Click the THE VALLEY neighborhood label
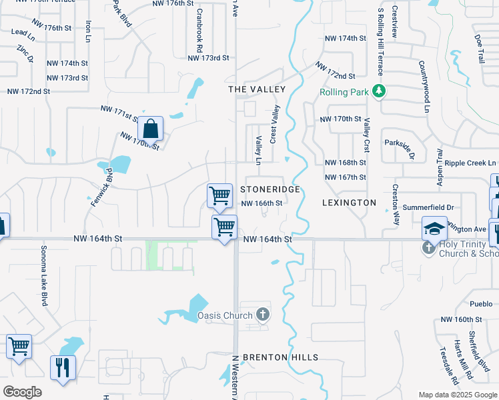[257, 89]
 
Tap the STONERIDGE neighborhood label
[270, 190]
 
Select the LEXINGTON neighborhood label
[349, 202]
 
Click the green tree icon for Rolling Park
[379, 91]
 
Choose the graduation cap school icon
[434, 229]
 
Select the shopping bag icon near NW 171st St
[150, 129]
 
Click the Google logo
[22, 391]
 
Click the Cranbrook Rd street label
[199, 28]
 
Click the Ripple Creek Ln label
[470, 163]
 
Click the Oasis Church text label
[225, 315]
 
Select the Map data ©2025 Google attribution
[457, 395]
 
